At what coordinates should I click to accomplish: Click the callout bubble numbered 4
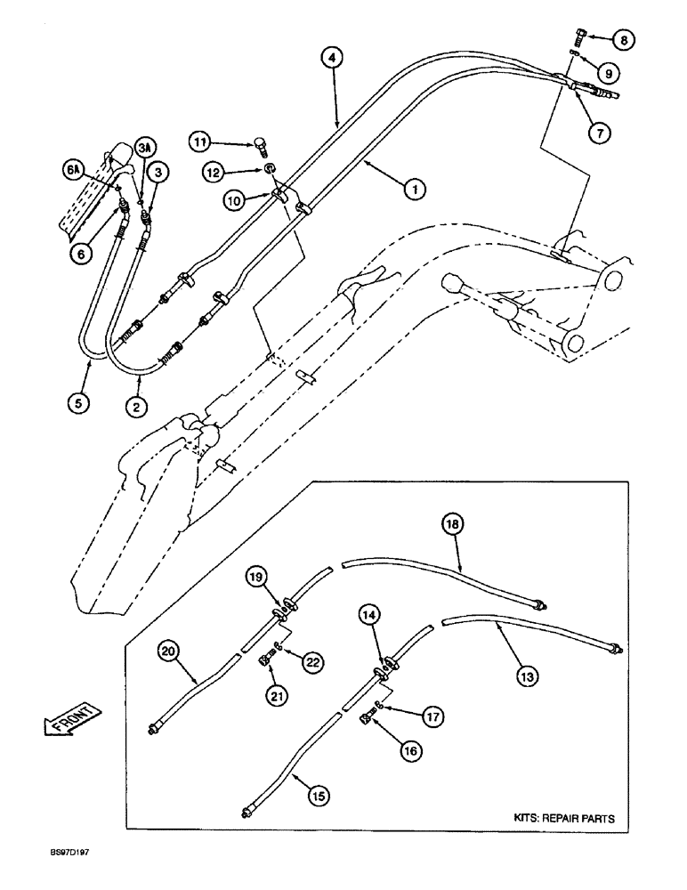(x=332, y=59)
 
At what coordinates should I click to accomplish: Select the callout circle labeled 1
(x=415, y=189)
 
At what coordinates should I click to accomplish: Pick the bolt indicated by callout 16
(x=367, y=716)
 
